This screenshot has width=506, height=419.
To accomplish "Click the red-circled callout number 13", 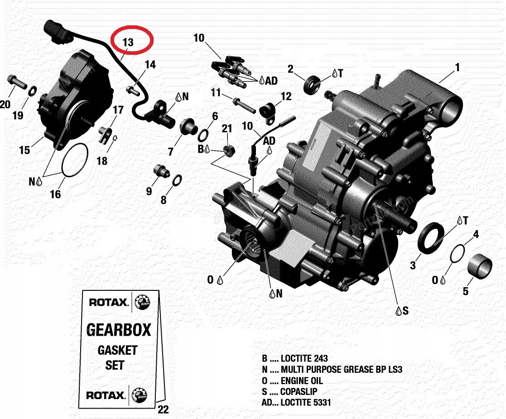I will [x=128, y=42].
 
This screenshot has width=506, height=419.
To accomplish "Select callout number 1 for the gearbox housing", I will [x=458, y=67].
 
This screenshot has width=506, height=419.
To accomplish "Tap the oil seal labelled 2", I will [x=311, y=85].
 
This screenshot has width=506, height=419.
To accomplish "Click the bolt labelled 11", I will [x=244, y=105].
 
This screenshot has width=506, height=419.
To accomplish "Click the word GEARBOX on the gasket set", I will [x=118, y=329].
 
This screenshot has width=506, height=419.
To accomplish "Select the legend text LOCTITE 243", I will [x=304, y=358].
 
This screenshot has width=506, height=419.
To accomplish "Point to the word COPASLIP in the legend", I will [x=299, y=391].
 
